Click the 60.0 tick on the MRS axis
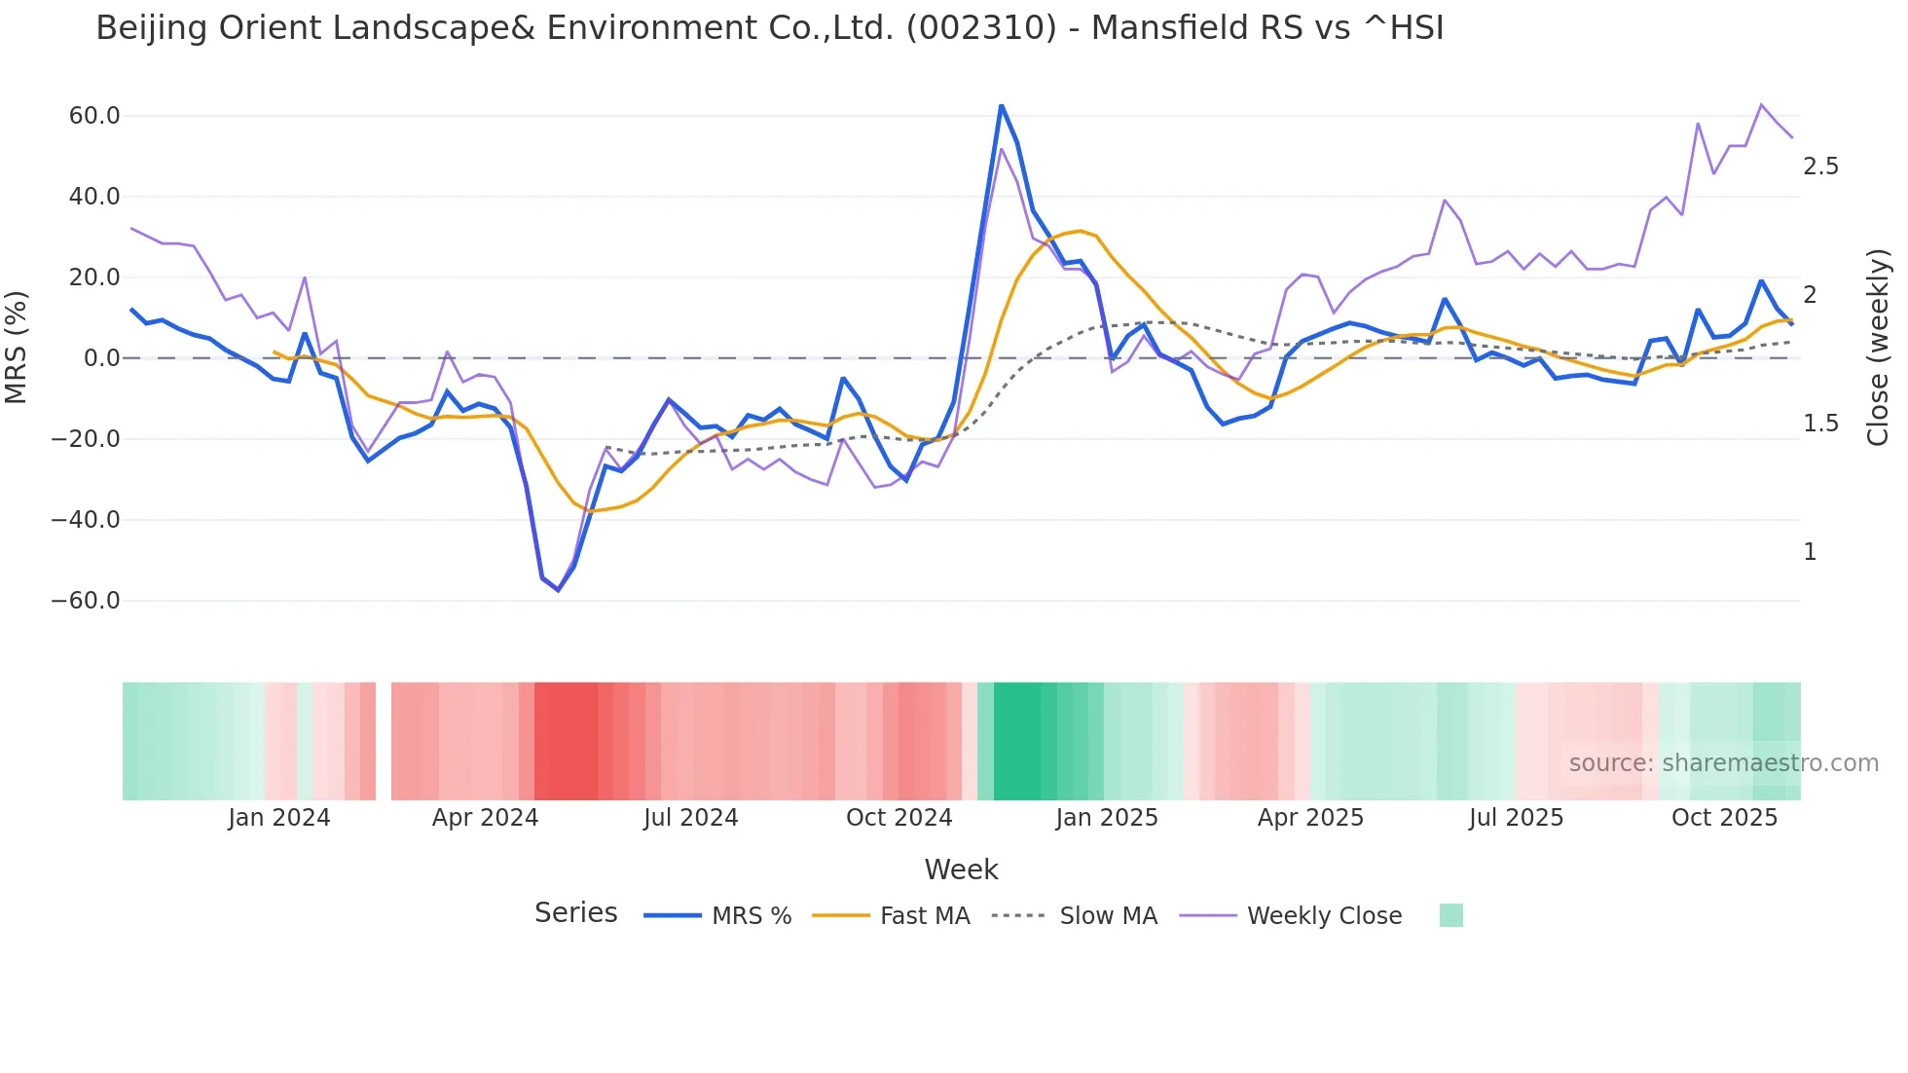coord(93,116)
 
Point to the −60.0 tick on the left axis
coord(86,601)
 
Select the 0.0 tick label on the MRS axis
coord(101,358)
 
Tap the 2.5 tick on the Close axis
coord(1820,166)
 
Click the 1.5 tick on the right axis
coord(1820,424)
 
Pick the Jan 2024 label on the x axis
coord(279,818)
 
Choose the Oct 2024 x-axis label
coord(899,818)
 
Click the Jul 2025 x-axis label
coord(1516,818)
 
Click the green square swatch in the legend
coord(1450,915)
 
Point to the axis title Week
coord(961,869)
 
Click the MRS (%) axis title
coord(17,348)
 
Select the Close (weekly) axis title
coord(1877,348)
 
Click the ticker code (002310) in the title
coord(980,28)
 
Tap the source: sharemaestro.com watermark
coord(1723,763)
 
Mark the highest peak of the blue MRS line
coord(1001,105)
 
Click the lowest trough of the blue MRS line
coord(558,590)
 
